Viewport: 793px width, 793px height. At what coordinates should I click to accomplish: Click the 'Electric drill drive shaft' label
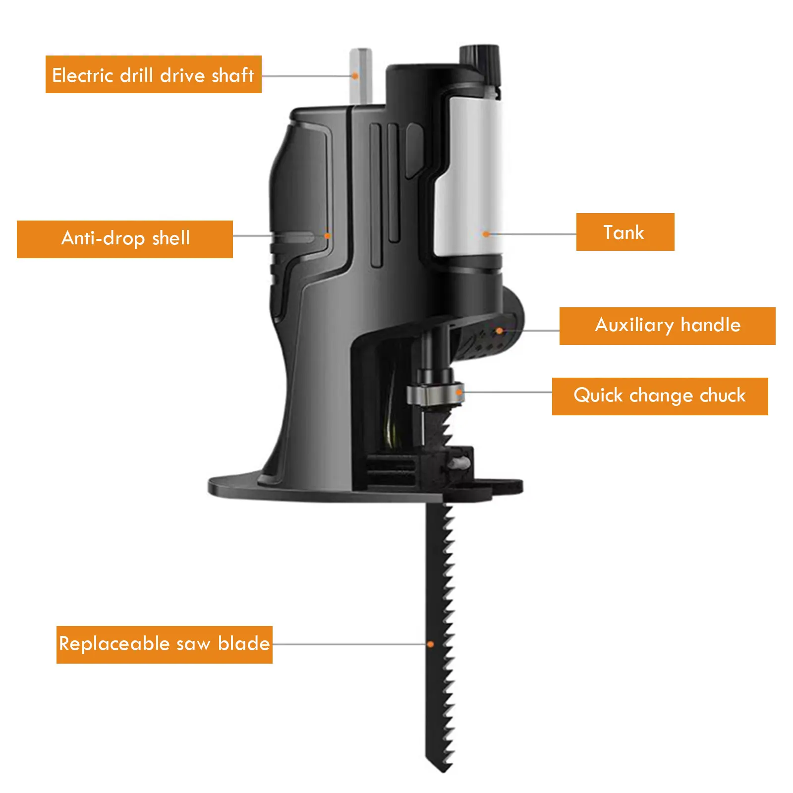coord(153,74)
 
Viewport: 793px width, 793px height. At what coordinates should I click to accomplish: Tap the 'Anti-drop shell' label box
coord(125,239)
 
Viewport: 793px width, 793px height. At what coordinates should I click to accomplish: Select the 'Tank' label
coord(624,232)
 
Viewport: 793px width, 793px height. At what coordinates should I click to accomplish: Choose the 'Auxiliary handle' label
coord(667,326)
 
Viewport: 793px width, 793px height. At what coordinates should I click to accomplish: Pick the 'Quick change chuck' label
coord(660,396)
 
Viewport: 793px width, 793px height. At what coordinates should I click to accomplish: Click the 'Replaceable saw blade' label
coord(164,644)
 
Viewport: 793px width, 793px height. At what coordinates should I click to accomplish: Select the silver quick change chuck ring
coord(435,394)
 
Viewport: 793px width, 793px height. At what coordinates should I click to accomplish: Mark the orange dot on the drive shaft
coord(355,76)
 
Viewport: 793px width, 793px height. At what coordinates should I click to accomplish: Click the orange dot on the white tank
coord(486,234)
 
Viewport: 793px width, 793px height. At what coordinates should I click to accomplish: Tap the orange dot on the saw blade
coord(431,644)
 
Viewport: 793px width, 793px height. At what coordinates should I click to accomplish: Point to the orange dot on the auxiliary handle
coord(500,331)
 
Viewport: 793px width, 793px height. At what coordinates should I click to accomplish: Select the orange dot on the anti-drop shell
coord(327,236)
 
